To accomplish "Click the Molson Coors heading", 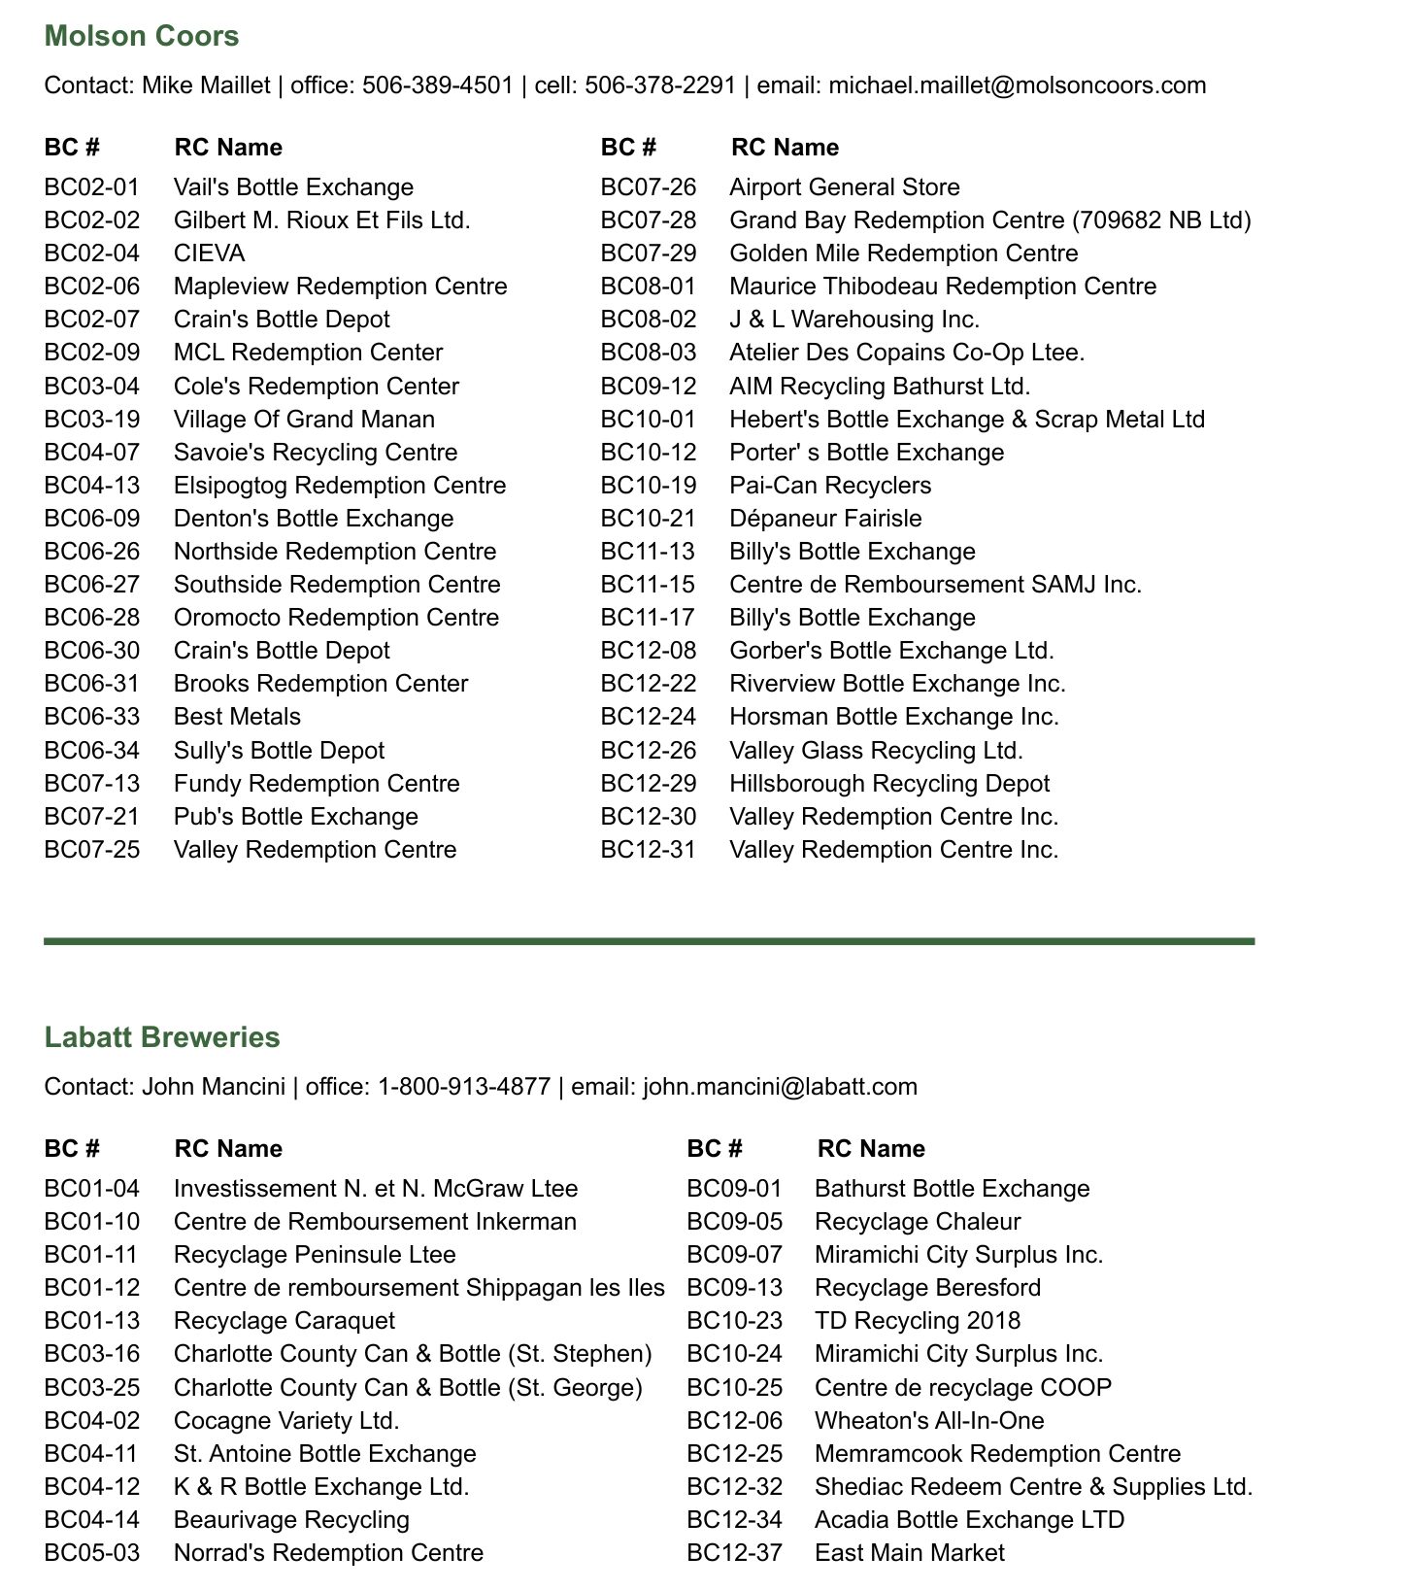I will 142,36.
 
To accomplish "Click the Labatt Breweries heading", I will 162,1037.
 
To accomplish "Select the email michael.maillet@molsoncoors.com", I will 1017,85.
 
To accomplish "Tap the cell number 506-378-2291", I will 660,85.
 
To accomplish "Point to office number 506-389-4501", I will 437,85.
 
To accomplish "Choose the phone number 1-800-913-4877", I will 464,1087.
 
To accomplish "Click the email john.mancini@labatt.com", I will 780,1087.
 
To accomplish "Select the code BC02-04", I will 92,254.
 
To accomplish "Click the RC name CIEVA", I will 209,254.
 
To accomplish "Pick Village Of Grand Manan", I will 304,420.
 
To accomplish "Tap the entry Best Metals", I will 237,717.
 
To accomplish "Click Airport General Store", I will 844,187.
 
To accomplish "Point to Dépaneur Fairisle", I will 825,519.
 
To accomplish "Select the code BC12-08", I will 649,651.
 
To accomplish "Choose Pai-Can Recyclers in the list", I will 830,486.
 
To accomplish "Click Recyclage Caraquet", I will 284,1321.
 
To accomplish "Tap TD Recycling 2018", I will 918,1321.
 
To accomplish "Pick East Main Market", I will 909,1553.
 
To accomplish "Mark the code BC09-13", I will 734,1288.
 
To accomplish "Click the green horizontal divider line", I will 649,941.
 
